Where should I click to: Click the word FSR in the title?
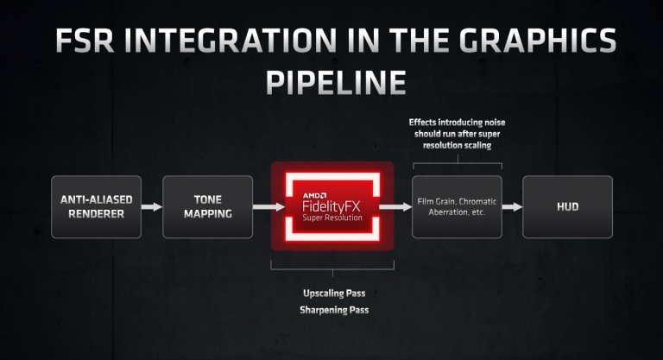tap(84, 41)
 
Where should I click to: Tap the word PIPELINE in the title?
tap(336, 82)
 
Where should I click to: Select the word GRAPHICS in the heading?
tap(538, 41)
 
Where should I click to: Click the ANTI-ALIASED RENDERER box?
tap(97, 207)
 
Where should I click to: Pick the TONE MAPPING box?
tap(207, 207)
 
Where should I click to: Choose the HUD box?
tap(567, 207)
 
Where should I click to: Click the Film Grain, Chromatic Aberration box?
tap(457, 207)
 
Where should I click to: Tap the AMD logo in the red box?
tap(314, 195)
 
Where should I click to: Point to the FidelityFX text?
tap(331, 206)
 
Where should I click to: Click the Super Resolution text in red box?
tap(332, 218)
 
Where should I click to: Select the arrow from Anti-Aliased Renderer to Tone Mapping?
tap(152, 207)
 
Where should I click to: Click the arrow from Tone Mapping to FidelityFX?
tap(269, 207)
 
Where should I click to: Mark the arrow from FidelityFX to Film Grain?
tap(395, 207)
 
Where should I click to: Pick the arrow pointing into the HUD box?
tap(513, 207)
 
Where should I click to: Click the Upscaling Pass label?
tap(334, 294)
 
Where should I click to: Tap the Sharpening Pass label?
tap(334, 310)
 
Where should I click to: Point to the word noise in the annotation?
tap(495, 123)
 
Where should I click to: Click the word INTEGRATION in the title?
tap(236, 41)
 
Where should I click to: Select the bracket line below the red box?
tap(332, 269)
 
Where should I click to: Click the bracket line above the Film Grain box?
tap(458, 163)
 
